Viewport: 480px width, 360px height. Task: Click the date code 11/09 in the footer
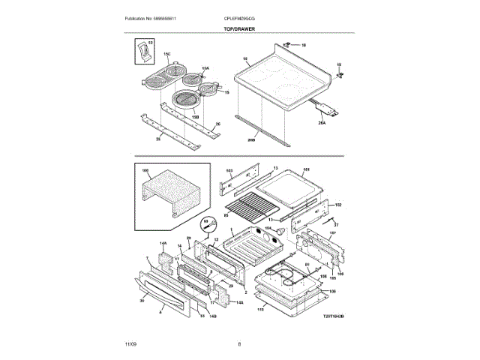130,343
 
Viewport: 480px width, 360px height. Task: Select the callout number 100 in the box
145,171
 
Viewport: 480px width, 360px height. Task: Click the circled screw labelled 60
209,223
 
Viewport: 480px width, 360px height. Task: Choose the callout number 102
337,205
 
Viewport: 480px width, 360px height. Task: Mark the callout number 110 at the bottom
261,309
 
